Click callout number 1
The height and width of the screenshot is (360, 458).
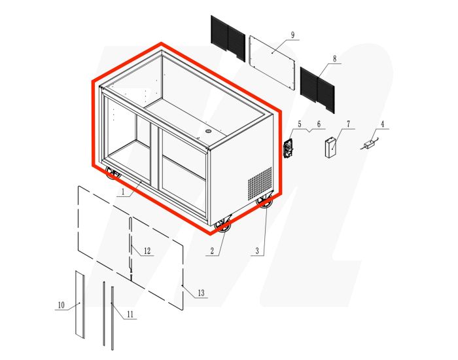pos(122,193)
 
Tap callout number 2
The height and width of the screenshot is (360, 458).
pos(213,251)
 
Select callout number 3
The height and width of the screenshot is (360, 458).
pos(258,251)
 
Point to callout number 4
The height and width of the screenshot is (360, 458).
pos(383,124)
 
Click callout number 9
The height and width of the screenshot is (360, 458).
pos(292,34)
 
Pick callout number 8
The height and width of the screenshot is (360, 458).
pos(334,59)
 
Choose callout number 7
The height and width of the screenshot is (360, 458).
pos(348,124)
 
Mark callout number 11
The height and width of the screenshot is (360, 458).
pos(130,315)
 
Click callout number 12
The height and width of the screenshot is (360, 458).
pos(147,251)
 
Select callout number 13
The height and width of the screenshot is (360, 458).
pos(200,293)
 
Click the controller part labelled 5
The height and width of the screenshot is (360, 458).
pos(288,148)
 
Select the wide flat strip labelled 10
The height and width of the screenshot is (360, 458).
pos(80,304)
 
